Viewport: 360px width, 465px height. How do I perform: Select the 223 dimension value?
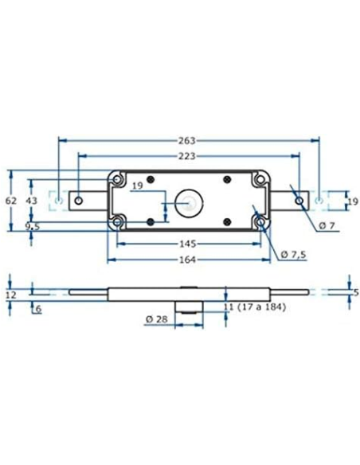click(x=189, y=156)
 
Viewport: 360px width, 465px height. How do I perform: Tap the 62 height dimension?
click(x=10, y=201)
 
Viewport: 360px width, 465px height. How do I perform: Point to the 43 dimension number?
click(x=32, y=201)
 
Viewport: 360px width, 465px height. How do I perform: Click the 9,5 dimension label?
click(x=33, y=227)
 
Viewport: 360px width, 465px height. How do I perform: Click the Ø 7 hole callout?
click(x=327, y=226)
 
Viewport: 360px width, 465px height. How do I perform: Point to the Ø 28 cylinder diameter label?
click(x=156, y=319)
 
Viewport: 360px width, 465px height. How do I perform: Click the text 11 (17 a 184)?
click(x=254, y=307)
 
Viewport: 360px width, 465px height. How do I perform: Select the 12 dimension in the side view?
click(x=10, y=295)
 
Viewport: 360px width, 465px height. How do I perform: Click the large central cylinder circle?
click(x=190, y=201)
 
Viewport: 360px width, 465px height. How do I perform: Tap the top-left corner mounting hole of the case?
click(x=119, y=178)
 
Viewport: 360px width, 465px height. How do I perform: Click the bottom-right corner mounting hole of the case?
click(x=259, y=223)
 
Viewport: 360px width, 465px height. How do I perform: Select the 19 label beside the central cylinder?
click(x=138, y=186)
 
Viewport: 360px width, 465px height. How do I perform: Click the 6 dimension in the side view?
click(x=37, y=308)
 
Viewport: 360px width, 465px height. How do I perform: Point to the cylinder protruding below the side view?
click(x=188, y=309)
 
